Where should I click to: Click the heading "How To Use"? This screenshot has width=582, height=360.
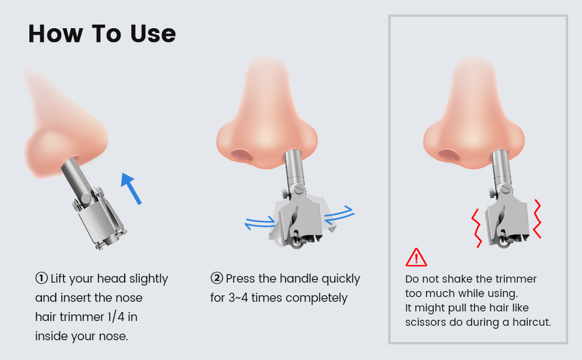click(x=102, y=34)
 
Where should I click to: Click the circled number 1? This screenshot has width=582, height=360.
click(x=41, y=278)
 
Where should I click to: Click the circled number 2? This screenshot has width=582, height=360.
click(x=217, y=278)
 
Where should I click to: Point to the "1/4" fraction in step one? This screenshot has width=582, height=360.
click(x=125, y=317)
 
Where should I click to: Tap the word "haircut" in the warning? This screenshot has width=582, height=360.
click(x=529, y=322)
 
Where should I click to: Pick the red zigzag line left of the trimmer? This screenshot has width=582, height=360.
click(x=476, y=227)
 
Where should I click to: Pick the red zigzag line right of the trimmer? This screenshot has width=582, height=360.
click(x=536, y=219)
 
